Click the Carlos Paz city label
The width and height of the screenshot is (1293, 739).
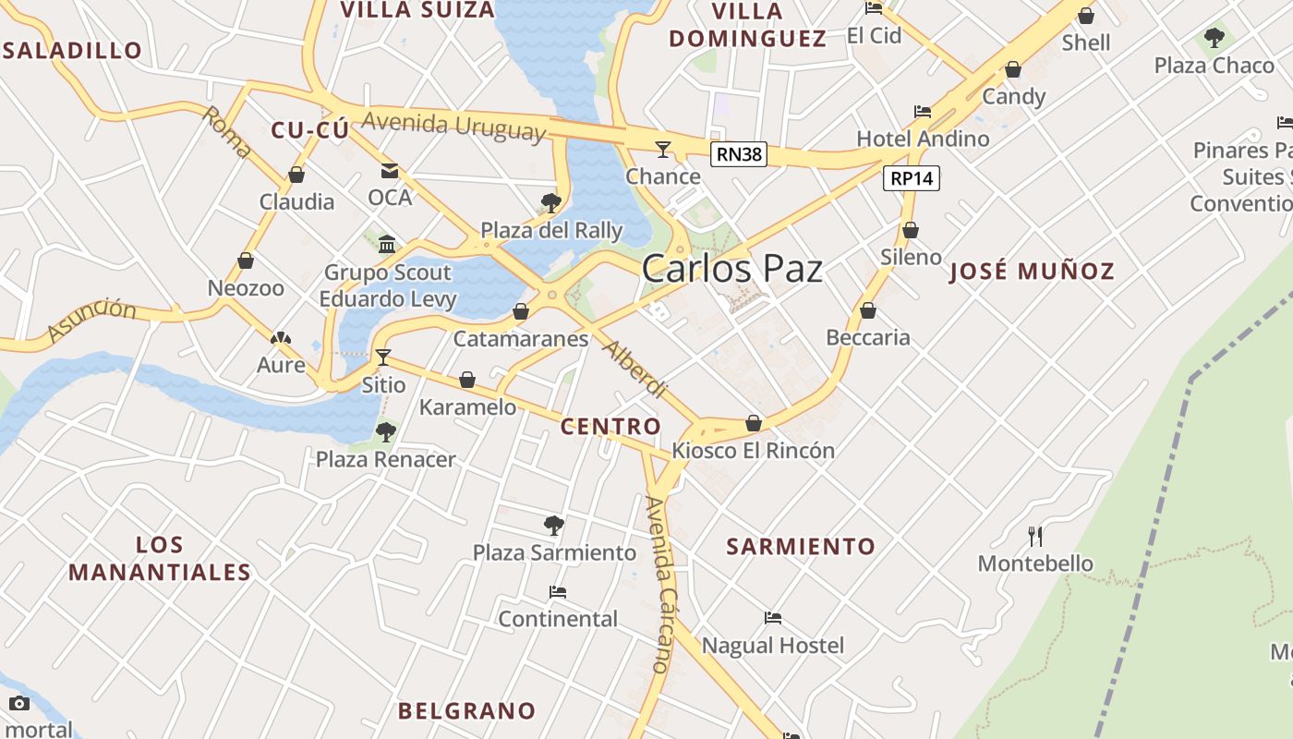click(x=731, y=269)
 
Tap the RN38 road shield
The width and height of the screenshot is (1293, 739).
click(x=739, y=154)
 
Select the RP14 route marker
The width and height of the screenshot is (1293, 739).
click(x=912, y=178)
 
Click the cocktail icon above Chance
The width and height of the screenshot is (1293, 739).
click(x=663, y=149)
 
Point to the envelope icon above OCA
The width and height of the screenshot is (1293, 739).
click(x=389, y=171)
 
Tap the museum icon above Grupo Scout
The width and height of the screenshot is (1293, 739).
click(x=387, y=245)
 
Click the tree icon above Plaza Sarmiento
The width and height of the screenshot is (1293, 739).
click(x=554, y=526)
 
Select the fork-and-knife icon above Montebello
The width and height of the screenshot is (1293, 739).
click(x=1035, y=536)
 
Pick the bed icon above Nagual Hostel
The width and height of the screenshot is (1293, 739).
click(x=773, y=618)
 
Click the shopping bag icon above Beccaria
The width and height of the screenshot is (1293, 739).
click(x=868, y=310)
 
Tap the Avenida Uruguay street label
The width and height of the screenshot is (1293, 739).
click(x=453, y=126)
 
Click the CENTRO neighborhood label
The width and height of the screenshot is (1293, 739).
click(x=610, y=426)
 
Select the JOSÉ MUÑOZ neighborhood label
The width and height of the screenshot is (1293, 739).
click(x=1032, y=272)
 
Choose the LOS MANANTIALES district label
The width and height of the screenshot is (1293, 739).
click(x=159, y=558)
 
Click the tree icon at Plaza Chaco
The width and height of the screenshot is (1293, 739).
click(x=1214, y=38)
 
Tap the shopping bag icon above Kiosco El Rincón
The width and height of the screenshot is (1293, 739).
click(x=754, y=423)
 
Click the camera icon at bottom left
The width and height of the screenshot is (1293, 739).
click(x=19, y=704)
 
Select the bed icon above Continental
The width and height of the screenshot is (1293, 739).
click(x=558, y=592)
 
